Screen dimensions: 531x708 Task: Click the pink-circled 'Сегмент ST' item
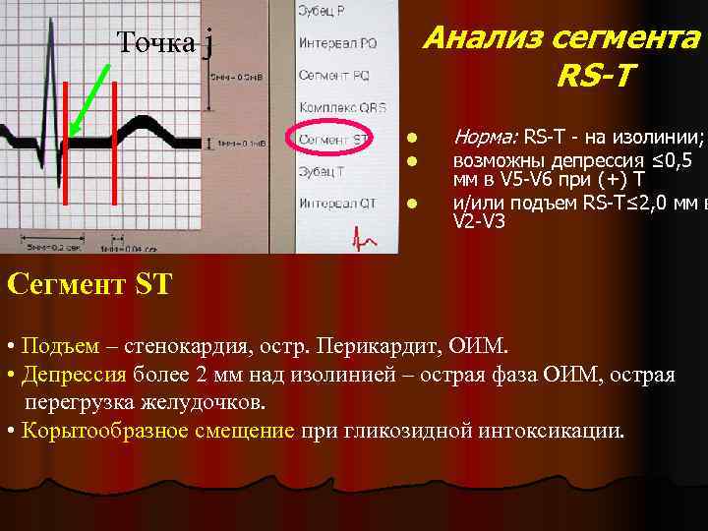[334, 139]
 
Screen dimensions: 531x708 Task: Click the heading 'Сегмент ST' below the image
[89, 285]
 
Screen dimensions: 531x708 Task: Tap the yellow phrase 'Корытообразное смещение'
[158, 430]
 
